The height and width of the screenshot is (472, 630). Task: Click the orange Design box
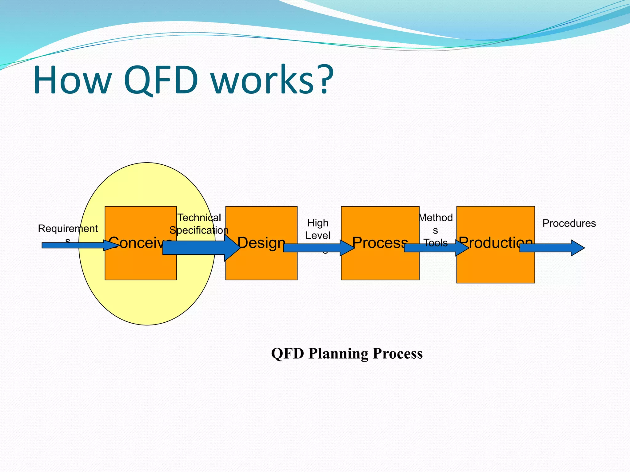261,267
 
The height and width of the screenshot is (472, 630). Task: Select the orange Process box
380,267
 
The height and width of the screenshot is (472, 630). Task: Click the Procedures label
569,223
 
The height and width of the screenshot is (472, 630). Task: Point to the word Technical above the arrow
199,218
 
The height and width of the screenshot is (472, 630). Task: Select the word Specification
199,230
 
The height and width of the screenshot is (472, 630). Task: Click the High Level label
318,229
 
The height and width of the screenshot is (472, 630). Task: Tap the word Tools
436,243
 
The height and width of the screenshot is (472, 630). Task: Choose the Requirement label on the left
68,228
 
